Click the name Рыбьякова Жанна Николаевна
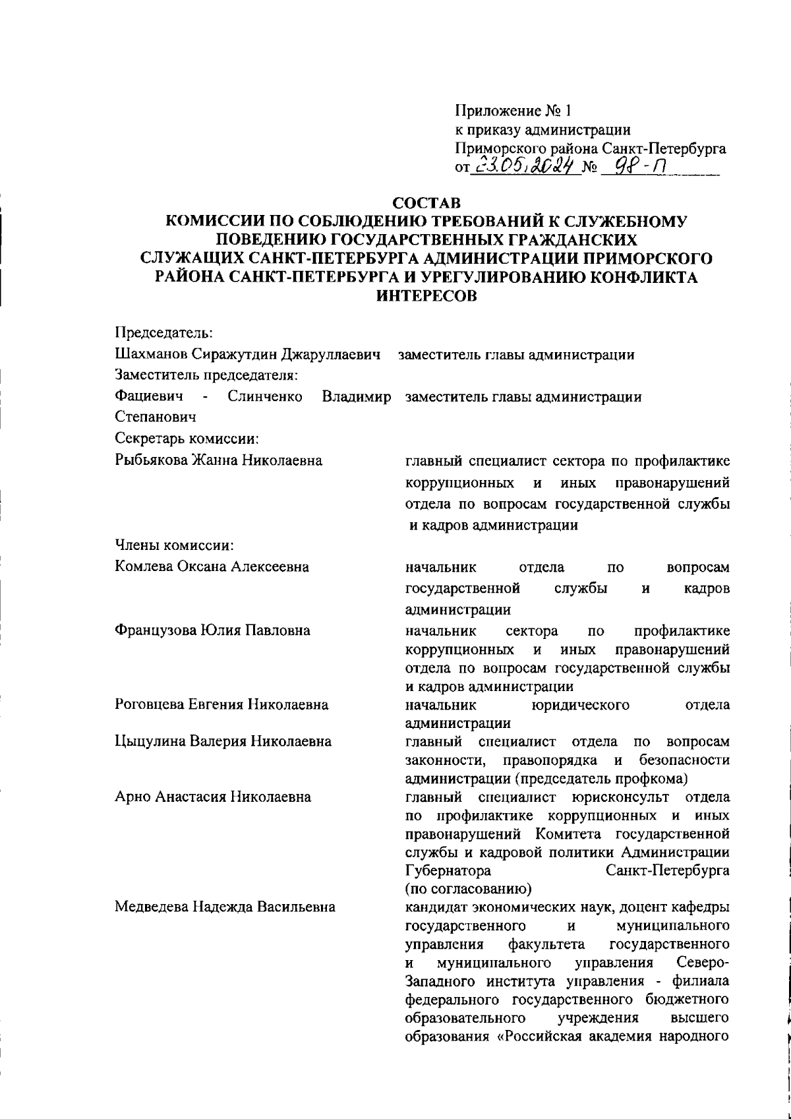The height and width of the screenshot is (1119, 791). [219, 460]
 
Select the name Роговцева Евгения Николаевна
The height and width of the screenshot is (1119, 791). [221, 705]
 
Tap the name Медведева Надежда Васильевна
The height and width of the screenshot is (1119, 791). [224, 906]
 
